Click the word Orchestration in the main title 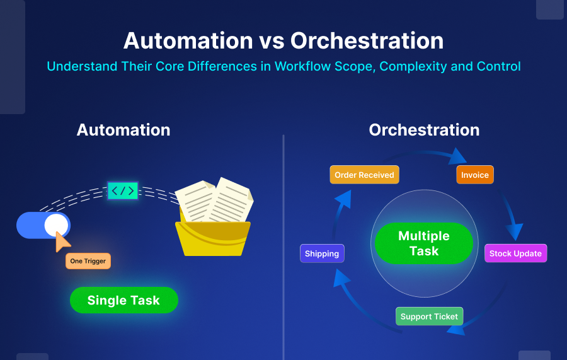(x=367, y=40)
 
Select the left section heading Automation (x=123, y=130)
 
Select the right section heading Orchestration (x=424, y=130)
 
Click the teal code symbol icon (x=122, y=190)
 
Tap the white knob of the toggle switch (x=56, y=225)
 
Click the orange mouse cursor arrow (x=62, y=241)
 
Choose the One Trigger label (x=88, y=261)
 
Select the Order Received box (x=364, y=175)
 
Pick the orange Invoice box (x=474, y=175)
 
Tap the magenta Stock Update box (x=515, y=253)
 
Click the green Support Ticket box (x=429, y=316)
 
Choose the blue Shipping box (x=322, y=253)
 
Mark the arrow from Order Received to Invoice (x=428, y=153)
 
